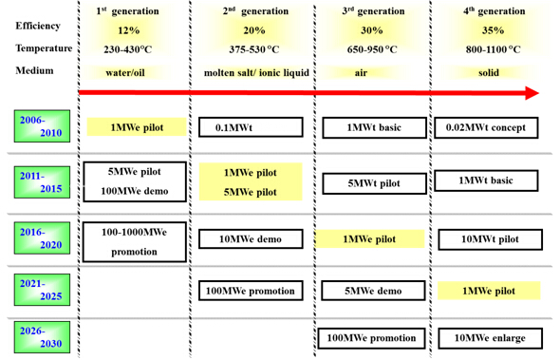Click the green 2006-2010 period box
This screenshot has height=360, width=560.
[42, 126]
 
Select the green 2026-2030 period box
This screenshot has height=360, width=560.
[42, 337]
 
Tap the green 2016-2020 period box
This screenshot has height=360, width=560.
[42, 238]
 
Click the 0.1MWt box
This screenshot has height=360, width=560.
[251, 127]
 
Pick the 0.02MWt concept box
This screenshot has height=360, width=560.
[486, 127]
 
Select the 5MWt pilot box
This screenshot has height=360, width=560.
[374, 183]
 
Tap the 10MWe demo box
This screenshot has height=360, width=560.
[251, 238]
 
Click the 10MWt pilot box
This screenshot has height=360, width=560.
[490, 239]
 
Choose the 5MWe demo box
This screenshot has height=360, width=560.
[373, 291]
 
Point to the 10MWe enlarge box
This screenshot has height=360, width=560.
[490, 338]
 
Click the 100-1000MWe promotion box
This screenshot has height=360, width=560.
[135, 242]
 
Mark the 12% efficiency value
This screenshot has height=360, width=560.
[128, 30]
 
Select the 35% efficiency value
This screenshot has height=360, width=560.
[493, 30]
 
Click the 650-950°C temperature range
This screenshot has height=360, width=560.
[372, 49]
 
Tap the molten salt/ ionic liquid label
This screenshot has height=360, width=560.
[256, 73]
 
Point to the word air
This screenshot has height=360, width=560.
[361, 73]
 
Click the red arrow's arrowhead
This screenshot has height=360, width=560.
[532, 93]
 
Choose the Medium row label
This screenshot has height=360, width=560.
[34, 70]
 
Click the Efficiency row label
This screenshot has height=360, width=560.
[38, 26]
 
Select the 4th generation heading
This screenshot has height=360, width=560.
[495, 11]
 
